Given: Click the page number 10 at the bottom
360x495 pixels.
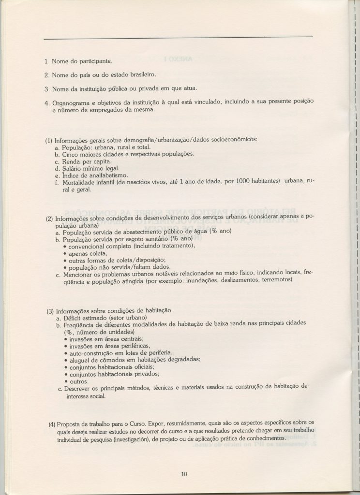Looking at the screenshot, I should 183,474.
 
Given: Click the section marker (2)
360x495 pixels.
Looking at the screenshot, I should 49,218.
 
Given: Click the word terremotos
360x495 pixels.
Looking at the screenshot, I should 276,279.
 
